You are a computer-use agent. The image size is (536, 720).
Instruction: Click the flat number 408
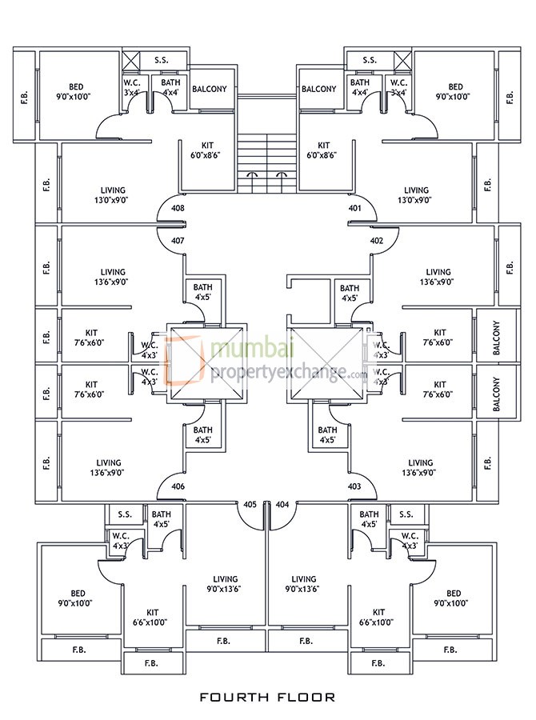coord(178,209)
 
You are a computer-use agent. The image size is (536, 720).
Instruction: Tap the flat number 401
coord(355,209)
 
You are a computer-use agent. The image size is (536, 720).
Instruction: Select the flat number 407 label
coord(178,240)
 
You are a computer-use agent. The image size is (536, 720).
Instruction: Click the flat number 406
coord(178,486)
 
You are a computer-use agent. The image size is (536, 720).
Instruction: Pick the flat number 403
coord(355,486)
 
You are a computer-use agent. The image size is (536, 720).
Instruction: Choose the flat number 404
coord(282,505)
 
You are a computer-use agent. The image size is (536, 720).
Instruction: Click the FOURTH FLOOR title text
coord(267,697)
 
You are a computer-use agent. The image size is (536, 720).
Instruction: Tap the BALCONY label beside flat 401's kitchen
coord(319,89)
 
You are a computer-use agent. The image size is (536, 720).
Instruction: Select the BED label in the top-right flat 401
coord(455,86)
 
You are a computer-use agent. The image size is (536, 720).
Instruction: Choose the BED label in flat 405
coord(78,594)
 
